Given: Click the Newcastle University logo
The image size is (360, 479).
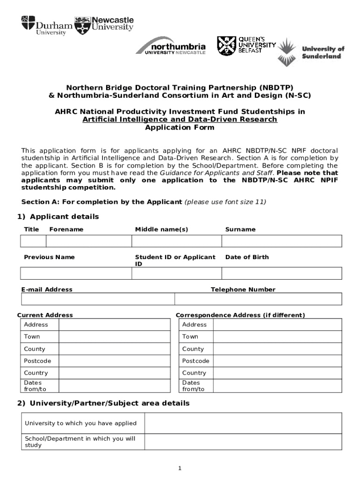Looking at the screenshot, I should (x=105, y=24).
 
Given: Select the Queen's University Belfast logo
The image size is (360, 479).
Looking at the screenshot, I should (x=246, y=45).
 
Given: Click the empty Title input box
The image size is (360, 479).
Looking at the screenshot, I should (x=33, y=241).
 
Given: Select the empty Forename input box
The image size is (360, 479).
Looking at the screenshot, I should (x=88, y=241).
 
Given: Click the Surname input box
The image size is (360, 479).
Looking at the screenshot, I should (x=282, y=241).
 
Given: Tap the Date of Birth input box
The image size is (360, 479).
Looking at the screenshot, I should (x=282, y=273).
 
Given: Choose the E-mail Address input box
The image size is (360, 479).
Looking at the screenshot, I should (x=97, y=299).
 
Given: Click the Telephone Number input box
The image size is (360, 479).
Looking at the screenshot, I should (x=258, y=299).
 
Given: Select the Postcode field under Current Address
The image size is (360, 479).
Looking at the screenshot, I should (x=114, y=361).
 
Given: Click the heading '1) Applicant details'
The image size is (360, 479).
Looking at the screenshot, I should (x=58, y=217).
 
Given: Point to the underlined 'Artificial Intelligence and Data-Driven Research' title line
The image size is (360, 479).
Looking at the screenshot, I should (x=180, y=119).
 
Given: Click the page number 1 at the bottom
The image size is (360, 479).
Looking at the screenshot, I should (x=180, y=468).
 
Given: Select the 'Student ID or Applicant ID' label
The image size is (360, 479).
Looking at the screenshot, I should (x=175, y=261).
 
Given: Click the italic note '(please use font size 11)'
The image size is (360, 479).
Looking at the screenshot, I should (x=225, y=202).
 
